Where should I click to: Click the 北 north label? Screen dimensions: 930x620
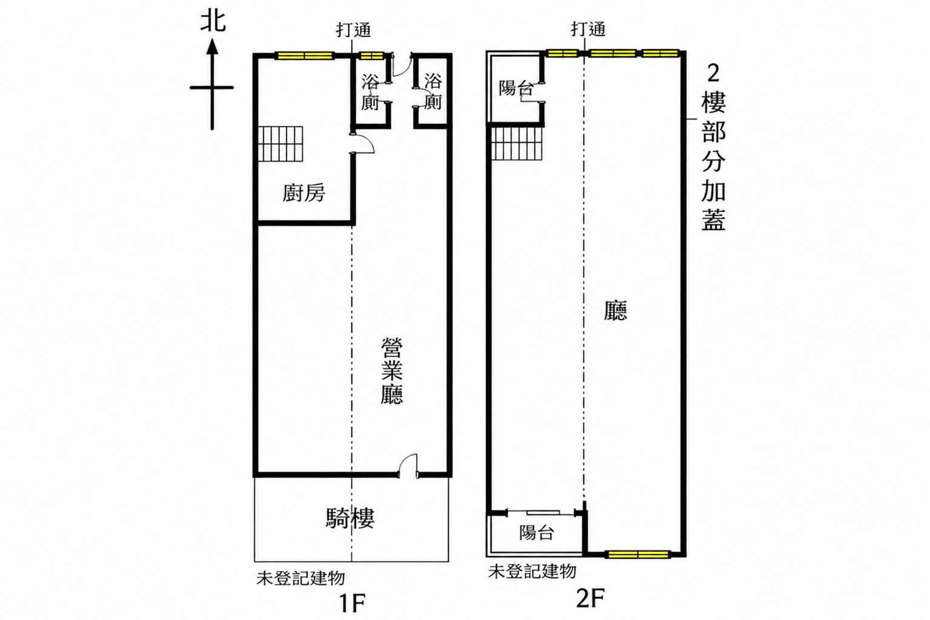coord(213,22)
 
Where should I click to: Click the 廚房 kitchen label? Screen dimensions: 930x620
coord(303,193)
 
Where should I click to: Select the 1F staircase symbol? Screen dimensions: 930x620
coord(280,143)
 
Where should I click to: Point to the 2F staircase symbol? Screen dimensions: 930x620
coord(517,143)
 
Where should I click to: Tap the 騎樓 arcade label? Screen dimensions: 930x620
coord(350,518)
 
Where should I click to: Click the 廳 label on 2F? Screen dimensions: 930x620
coord(615,310)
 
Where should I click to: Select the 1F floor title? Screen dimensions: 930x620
coord(352,603)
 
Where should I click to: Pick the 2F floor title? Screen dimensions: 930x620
coord(590,598)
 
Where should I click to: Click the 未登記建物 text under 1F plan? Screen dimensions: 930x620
coord(300,578)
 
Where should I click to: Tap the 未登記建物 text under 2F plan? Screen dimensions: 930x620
coord(532,572)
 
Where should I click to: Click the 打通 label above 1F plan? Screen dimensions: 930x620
coord(354,30)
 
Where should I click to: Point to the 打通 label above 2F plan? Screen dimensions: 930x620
coord(588,29)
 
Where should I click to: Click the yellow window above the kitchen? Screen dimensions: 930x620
coord(305,56)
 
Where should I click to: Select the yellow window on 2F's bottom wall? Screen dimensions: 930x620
coord(638,555)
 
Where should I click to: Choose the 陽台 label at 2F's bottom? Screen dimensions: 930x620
coord(536,532)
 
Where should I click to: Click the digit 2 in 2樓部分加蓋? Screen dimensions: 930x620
coord(713,73)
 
